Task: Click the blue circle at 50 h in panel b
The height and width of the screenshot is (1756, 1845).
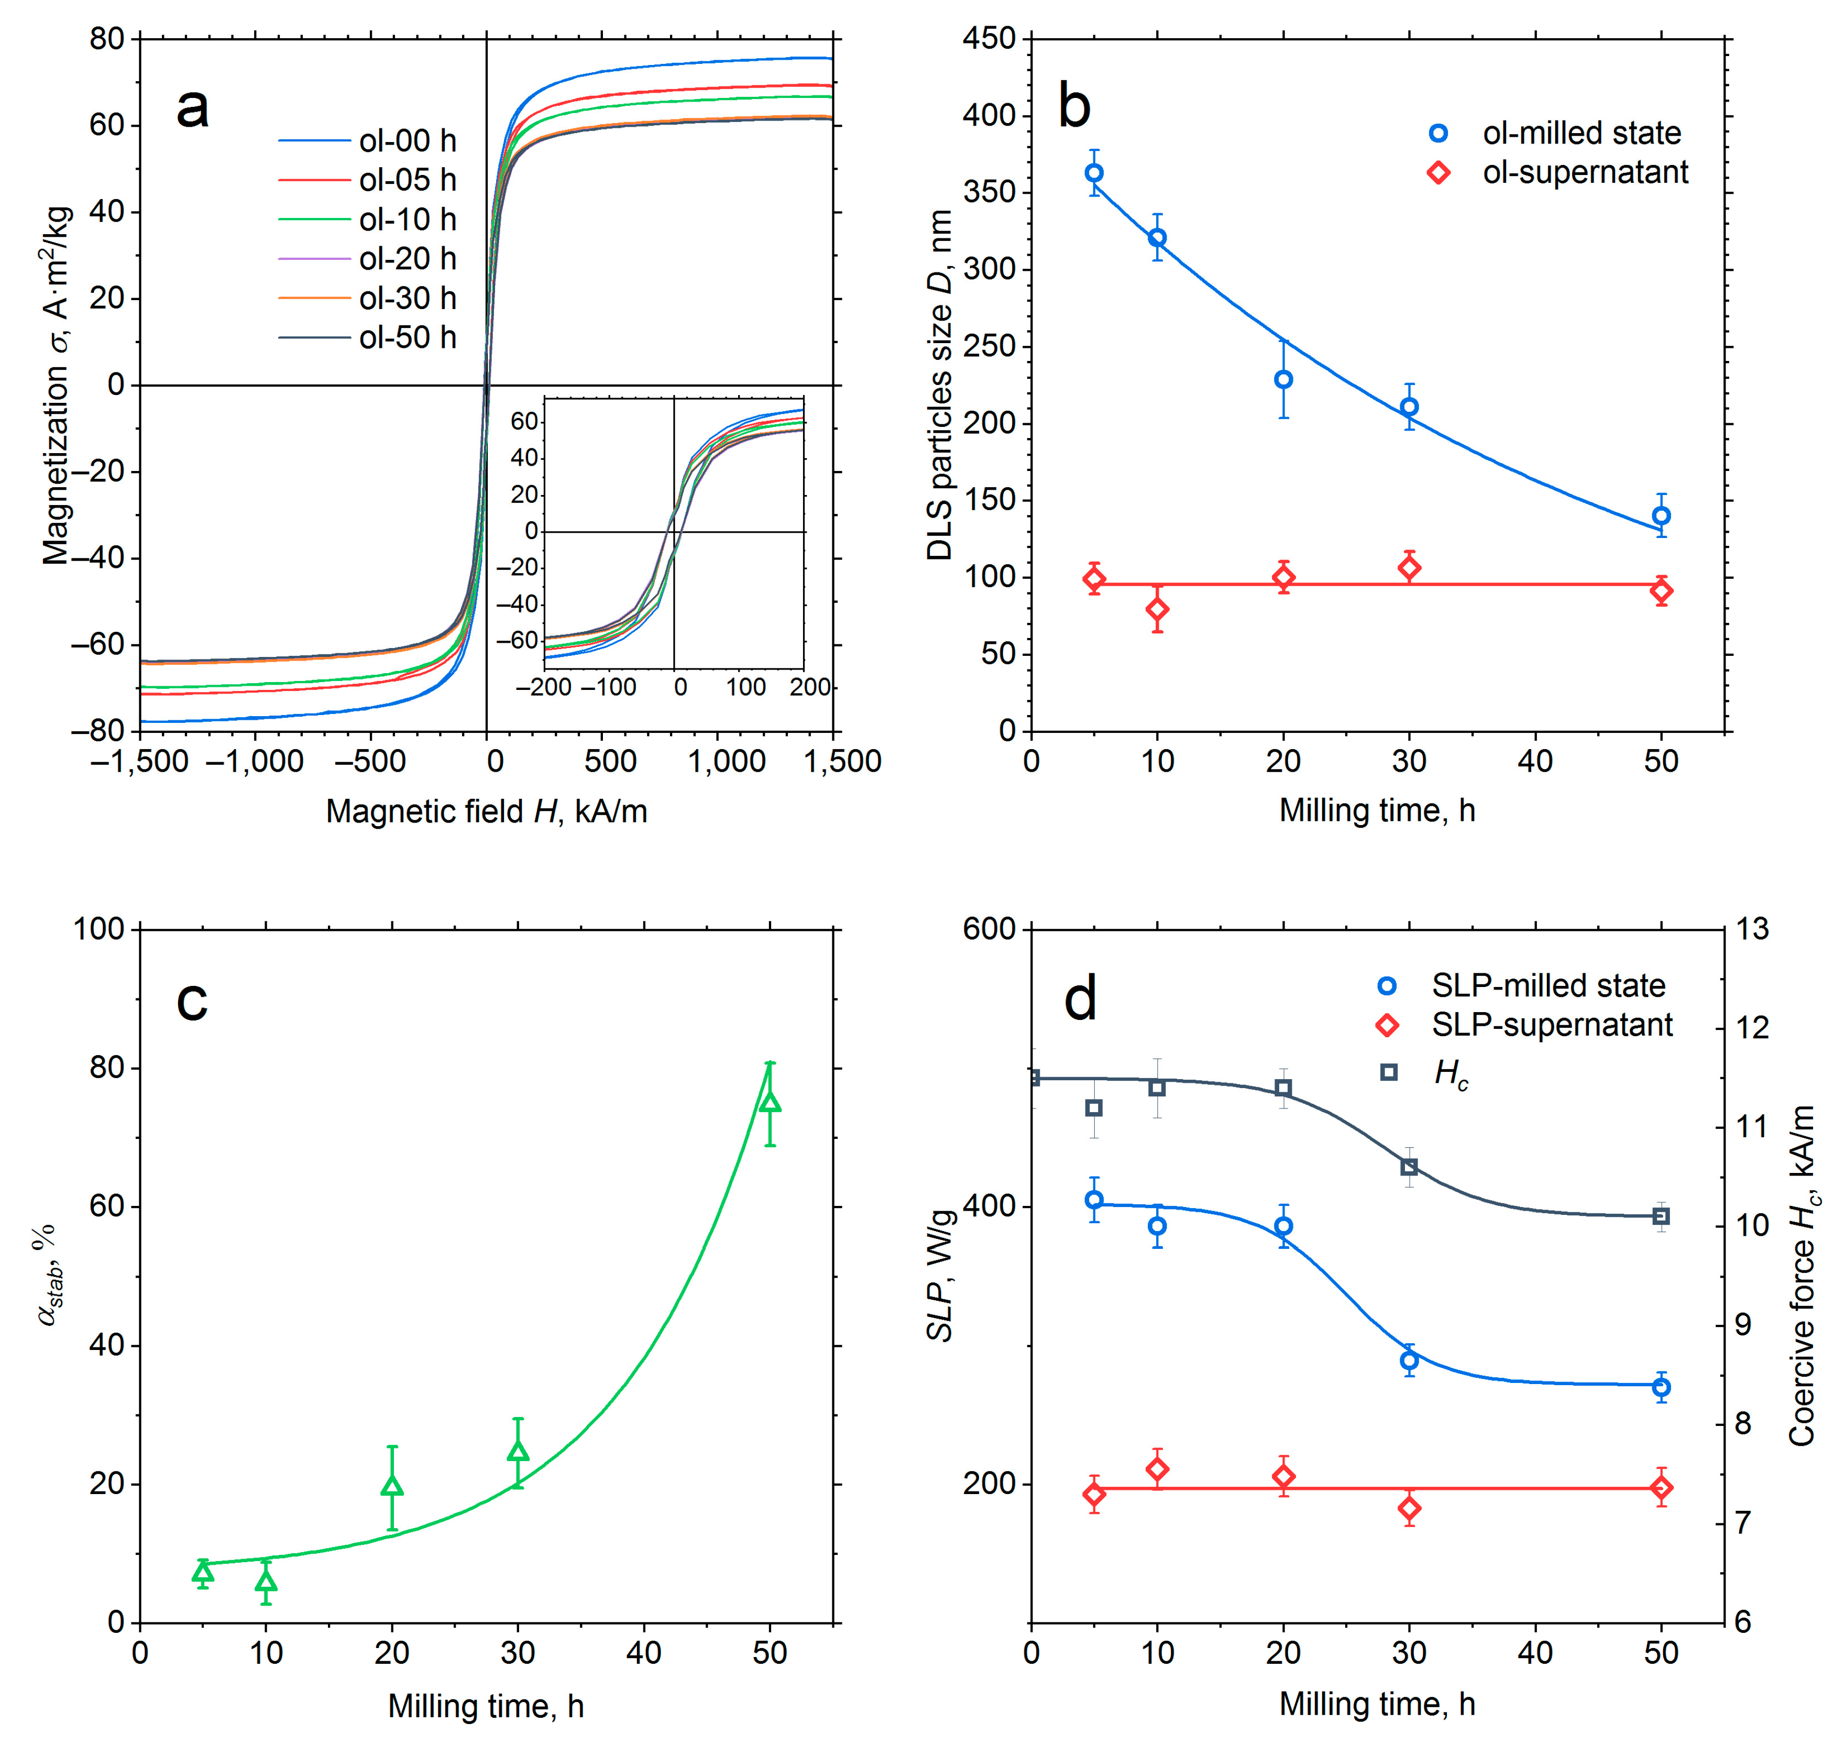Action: click(x=1661, y=516)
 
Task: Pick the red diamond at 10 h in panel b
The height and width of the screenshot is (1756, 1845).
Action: click(x=1157, y=609)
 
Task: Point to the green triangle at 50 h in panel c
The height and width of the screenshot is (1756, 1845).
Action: click(x=770, y=1102)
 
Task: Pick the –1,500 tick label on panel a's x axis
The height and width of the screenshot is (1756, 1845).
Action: click(x=140, y=761)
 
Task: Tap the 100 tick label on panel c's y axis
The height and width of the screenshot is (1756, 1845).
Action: click(x=98, y=929)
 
